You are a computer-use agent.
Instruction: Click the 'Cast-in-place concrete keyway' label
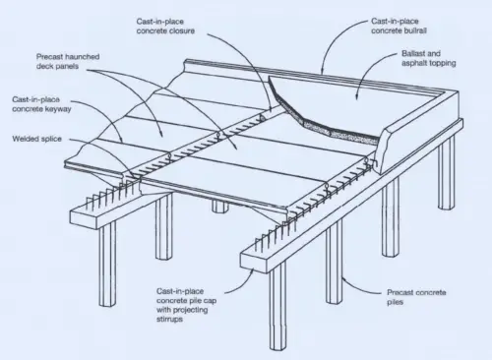click(x=41, y=105)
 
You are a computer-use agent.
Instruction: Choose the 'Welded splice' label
click(x=36, y=138)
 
